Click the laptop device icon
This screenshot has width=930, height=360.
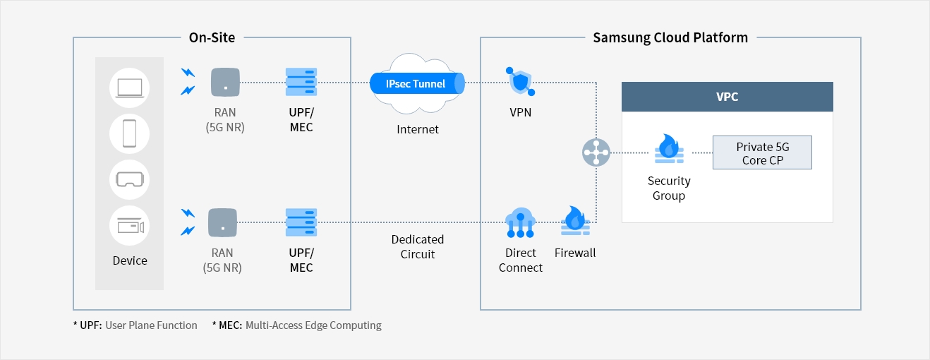click(x=130, y=88)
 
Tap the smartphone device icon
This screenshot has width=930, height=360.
click(x=130, y=133)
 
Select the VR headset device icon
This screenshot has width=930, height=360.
click(x=130, y=179)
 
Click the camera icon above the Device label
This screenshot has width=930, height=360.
click(x=130, y=227)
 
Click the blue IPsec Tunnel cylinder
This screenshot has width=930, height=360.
click(x=417, y=84)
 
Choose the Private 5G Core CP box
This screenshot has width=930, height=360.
click(x=762, y=153)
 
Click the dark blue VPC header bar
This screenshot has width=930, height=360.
click(x=727, y=97)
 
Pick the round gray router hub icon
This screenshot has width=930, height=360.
click(x=597, y=152)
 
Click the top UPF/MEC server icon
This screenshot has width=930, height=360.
click(x=301, y=82)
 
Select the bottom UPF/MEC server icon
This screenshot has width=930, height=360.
click(x=301, y=222)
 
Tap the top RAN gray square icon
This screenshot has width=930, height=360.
click(x=225, y=82)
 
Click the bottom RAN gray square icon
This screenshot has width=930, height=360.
click(x=222, y=222)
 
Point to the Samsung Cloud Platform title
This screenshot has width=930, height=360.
click(x=670, y=37)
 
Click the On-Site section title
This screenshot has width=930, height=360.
click(x=212, y=37)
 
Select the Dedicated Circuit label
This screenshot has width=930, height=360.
click(x=418, y=246)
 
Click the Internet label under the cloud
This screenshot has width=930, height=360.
click(x=417, y=129)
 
